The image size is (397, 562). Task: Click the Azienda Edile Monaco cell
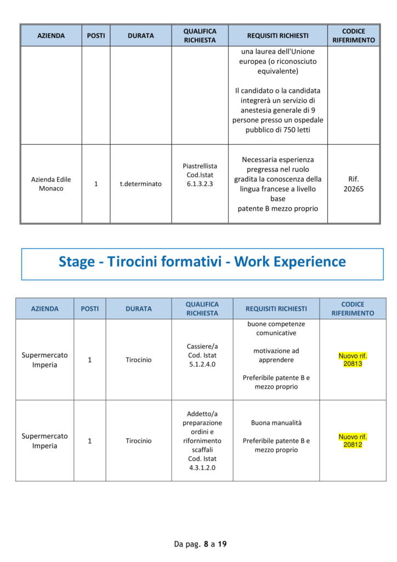pos(51,184)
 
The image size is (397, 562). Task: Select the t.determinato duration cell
pos(141,184)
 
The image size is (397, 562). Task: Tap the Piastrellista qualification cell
pos(200,175)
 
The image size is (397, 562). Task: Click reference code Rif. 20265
pos(354,184)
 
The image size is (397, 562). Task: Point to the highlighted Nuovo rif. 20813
pos(353,359)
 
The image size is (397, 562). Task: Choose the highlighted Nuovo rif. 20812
pos(353,441)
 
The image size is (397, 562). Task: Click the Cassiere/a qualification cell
pos(202,355)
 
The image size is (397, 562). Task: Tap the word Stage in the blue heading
pos(77,262)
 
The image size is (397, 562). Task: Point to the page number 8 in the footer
pos(206,544)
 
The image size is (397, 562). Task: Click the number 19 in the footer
pos(222,544)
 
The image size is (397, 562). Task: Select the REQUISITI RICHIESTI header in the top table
pos(277,36)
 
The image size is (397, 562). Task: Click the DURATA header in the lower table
pos(139,308)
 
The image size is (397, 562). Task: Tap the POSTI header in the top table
pos(96,36)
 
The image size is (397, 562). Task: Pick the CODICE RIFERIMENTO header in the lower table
pos(353,308)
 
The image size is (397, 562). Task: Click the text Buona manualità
pos(276,423)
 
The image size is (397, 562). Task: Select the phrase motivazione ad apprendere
pos(276,355)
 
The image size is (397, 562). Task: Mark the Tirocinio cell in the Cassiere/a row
pos(139,359)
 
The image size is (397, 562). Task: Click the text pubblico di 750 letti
pos(277,130)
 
